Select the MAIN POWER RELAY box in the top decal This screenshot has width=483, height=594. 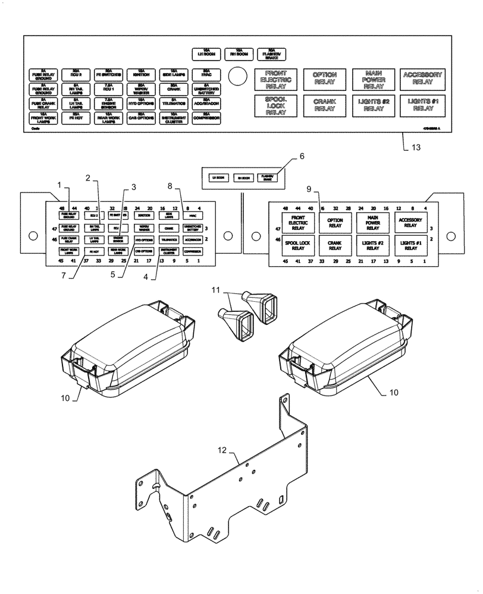click(373, 78)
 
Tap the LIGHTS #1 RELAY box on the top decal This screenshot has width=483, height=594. click(422, 105)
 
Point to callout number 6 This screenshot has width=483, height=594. click(302, 156)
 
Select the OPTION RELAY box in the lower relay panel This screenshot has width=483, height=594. click(335, 222)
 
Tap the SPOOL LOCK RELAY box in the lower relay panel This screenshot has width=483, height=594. click(297, 245)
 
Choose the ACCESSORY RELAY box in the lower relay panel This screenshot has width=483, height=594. click(410, 222)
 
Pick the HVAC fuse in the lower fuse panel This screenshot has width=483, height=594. click(192, 217)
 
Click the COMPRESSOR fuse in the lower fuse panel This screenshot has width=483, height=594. click(192, 252)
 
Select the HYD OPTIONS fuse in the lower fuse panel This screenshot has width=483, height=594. click(143, 240)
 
